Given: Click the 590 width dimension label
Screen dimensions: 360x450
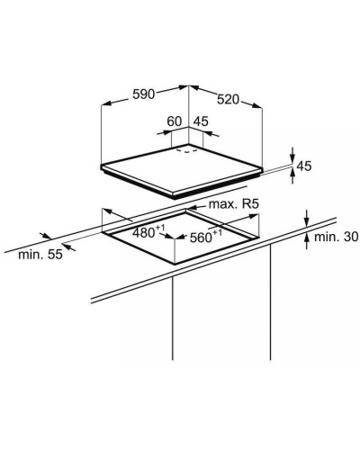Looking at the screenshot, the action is [x=143, y=94].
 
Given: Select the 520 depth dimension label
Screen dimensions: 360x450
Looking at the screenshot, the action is [x=229, y=99].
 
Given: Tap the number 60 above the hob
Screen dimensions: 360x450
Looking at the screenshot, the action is [x=175, y=121].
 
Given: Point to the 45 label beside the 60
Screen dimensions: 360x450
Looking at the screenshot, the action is [x=201, y=121].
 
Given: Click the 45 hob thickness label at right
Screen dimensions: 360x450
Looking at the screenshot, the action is [x=304, y=166].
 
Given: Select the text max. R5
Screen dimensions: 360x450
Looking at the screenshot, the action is [x=233, y=204].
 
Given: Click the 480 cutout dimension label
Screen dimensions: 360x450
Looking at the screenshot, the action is [x=148, y=232].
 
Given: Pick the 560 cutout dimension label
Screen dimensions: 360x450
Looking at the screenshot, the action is [x=206, y=237].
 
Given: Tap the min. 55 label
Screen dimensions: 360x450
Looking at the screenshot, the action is [x=40, y=255].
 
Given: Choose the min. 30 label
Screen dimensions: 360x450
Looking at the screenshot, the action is [x=336, y=237].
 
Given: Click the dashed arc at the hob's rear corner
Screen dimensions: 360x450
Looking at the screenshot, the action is [x=186, y=150].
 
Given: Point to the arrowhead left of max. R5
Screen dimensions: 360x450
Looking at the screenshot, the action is [x=191, y=208].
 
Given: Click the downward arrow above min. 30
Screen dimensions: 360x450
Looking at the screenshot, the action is [x=306, y=218].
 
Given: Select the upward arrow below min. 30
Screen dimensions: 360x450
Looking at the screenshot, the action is [x=306, y=241].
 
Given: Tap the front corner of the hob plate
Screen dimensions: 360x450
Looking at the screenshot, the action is [x=175, y=196].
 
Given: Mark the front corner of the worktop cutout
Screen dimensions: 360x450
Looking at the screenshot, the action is [x=175, y=264].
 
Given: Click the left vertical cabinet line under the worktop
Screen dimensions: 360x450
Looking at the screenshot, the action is [x=173, y=318].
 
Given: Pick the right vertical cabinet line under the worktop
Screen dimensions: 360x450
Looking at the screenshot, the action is [x=270, y=301].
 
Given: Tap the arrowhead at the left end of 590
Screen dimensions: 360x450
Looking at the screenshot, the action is [x=106, y=103].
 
